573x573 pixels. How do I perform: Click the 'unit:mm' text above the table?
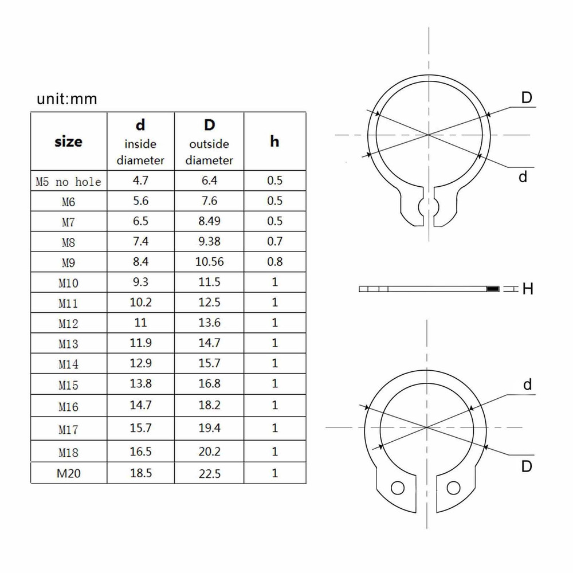coord(67,99)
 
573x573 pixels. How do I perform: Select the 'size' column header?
coord(68,141)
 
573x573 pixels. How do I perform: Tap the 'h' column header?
coord(274,141)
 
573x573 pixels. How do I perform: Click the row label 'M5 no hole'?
coord(68,182)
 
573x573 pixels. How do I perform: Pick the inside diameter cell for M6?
coord(140,201)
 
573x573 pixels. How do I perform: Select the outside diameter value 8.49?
coord(209,221)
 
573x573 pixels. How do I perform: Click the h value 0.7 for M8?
coord(275,241)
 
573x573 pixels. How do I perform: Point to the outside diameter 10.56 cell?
coord(209,262)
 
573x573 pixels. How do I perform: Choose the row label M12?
coord(68,324)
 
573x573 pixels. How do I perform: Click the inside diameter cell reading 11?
coord(140,323)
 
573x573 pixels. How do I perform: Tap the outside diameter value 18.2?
coord(209,405)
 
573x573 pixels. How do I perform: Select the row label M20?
coord(68,474)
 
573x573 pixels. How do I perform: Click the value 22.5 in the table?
coord(209,474)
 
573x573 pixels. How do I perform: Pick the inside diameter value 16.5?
coord(140,452)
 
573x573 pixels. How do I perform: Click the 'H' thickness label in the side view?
coord(528,289)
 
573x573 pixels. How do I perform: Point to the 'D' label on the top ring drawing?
coord(527,98)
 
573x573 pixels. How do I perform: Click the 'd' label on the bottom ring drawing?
coord(527,384)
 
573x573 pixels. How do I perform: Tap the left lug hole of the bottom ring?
coord(397,488)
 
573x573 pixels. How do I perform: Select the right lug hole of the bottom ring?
coord(454,488)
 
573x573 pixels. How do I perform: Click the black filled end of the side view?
coord(493,289)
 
